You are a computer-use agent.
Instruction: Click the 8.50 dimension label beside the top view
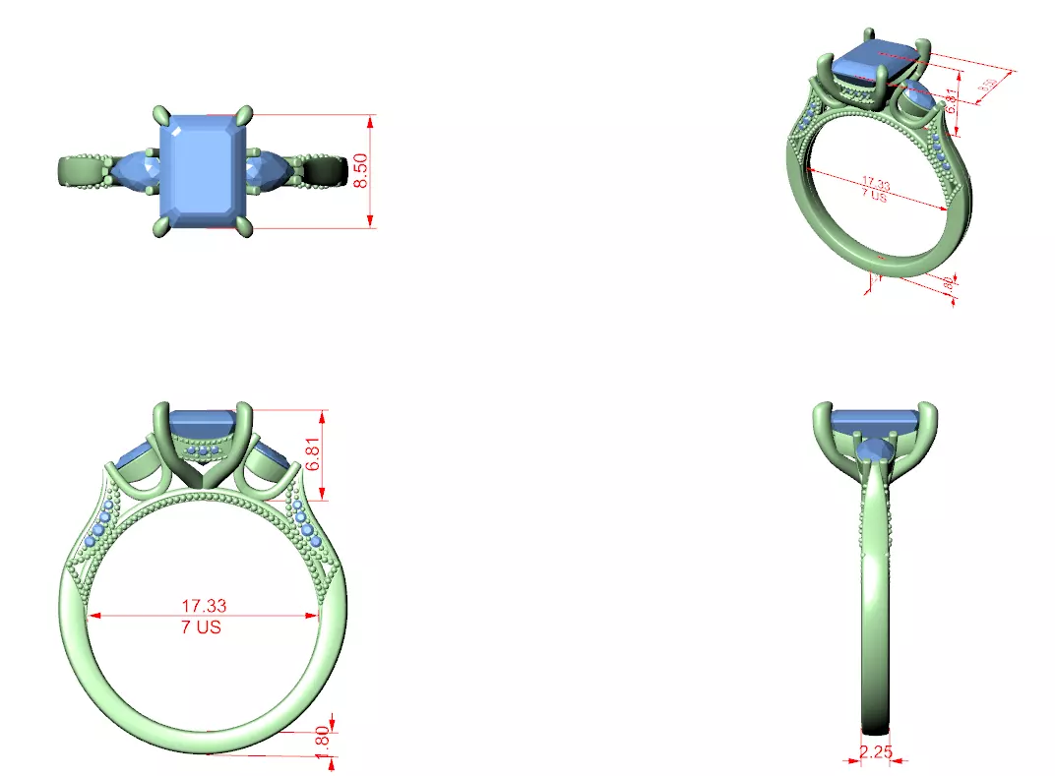click(x=361, y=171)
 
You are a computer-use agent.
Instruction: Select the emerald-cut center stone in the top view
click(x=205, y=170)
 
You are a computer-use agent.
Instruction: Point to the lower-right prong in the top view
click(x=246, y=227)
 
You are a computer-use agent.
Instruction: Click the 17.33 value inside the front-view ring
click(x=204, y=606)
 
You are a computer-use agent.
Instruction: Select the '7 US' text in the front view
click(x=202, y=627)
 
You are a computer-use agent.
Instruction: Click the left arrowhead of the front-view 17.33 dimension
click(x=93, y=616)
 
